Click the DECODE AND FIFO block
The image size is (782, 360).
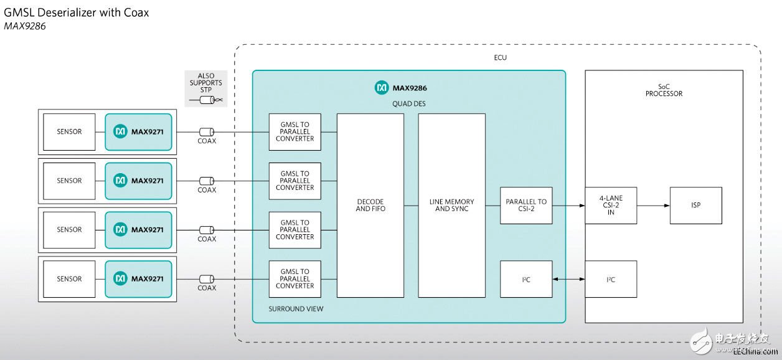(370, 206)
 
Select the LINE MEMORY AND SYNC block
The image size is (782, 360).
(451, 206)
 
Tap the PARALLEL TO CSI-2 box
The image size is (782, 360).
(526, 206)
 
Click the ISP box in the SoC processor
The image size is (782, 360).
(695, 206)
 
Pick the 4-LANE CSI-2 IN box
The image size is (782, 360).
(610, 206)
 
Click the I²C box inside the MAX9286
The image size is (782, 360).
(526, 279)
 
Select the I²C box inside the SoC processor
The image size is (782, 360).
(610, 279)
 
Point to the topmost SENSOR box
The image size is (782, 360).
(69, 132)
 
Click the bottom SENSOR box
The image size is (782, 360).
(69, 279)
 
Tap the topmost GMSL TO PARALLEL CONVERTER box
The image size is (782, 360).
(295, 132)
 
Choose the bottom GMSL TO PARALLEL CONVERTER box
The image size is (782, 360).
(295, 279)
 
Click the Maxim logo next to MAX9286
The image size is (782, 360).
(382, 88)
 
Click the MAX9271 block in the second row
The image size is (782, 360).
(138, 181)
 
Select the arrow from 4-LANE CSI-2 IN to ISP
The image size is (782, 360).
(653, 206)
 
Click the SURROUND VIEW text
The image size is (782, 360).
(296, 309)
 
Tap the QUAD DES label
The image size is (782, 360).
(408, 104)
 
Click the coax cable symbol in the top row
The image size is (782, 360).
(207, 132)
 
